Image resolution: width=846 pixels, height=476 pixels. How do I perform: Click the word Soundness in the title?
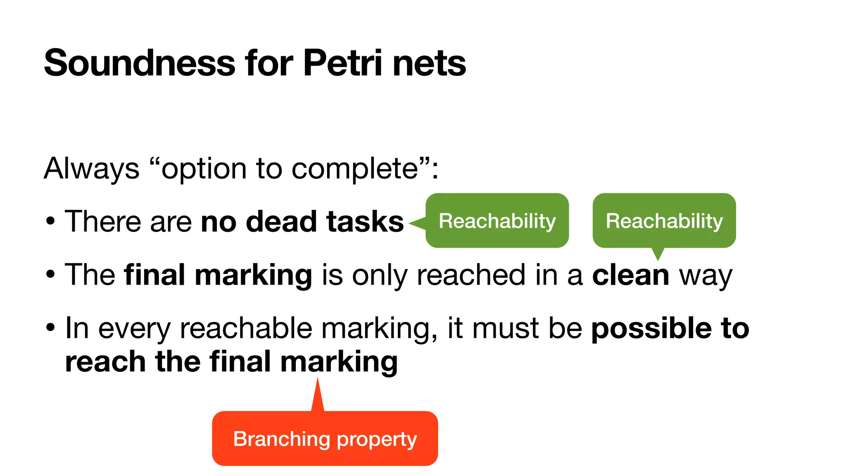tap(140, 63)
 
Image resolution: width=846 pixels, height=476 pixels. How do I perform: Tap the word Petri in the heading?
tap(342, 63)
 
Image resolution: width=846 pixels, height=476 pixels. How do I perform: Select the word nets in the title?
tap(429, 63)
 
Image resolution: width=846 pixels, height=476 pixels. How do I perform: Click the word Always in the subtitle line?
tap(92, 169)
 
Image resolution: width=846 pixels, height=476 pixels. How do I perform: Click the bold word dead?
tap(281, 221)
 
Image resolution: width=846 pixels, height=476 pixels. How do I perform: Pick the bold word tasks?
tap(365, 221)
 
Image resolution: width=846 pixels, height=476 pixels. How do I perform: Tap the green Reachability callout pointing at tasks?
tap(497, 221)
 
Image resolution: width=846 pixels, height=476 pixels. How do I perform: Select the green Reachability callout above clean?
tap(664, 221)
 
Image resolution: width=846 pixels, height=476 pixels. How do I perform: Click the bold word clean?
tap(630, 275)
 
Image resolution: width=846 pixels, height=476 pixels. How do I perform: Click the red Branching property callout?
tap(325, 438)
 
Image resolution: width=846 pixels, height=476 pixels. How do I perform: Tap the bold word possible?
tap(651, 329)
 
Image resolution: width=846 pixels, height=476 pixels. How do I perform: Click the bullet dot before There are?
tap(50, 221)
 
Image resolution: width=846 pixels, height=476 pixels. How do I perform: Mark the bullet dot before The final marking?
tap(50, 274)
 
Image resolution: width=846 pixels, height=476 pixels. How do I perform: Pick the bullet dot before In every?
tap(50, 328)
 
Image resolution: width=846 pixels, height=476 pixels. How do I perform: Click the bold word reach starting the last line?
tap(105, 362)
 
